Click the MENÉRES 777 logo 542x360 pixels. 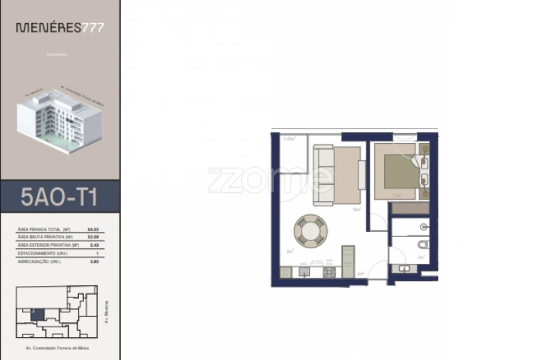click(60, 28)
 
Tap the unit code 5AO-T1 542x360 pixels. click(59, 196)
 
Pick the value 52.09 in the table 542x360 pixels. click(92, 237)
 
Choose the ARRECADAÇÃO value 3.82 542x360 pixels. click(92, 261)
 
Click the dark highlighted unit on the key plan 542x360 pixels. click(37, 314)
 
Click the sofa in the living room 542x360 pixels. click(324, 175)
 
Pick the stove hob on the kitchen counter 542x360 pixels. click(329, 272)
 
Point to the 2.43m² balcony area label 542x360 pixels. click(289, 139)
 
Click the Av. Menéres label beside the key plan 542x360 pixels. click(106, 309)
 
